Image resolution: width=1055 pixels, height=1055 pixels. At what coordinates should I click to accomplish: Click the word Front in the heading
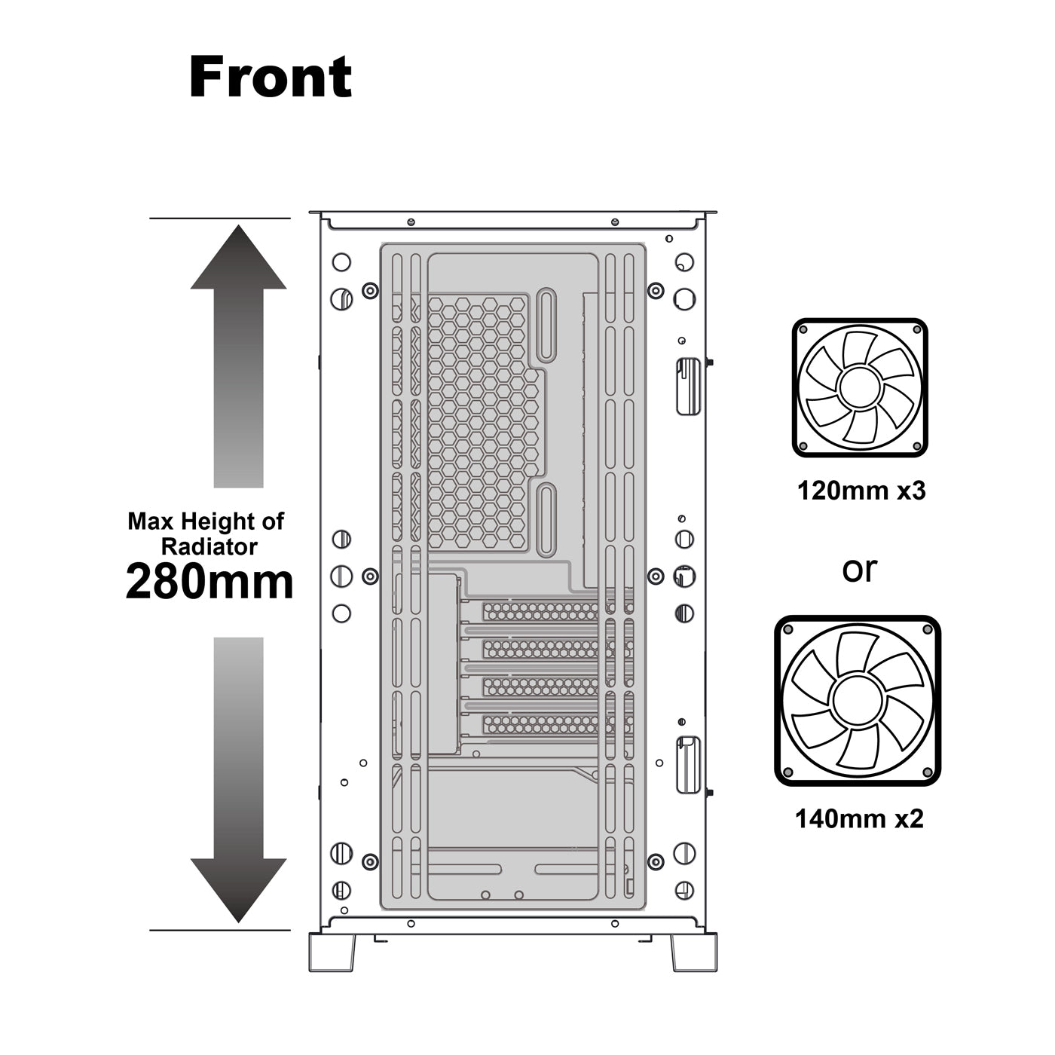(x=271, y=77)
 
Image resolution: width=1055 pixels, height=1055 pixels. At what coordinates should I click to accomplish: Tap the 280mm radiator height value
(x=209, y=582)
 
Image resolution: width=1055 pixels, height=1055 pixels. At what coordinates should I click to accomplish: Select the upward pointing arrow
(x=238, y=356)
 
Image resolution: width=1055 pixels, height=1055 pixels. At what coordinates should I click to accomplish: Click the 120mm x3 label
(x=861, y=491)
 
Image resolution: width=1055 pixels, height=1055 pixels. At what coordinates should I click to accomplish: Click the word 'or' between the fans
(x=860, y=570)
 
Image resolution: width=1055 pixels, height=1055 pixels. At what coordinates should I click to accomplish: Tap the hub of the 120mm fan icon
(x=859, y=387)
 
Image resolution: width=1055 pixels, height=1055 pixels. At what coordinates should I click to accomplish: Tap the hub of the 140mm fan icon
(x=857, y=701)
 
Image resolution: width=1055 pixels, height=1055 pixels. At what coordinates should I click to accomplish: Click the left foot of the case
(x=332, y=953)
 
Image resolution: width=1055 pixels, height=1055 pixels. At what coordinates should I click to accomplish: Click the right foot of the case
(x=693, y=953)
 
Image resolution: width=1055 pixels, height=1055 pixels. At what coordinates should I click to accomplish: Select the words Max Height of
(x=206, y=521)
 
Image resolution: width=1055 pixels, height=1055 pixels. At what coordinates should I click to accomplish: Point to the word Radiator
(x=209, y=547)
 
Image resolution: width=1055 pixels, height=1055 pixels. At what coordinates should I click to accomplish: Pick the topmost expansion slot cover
(x=540, y=611)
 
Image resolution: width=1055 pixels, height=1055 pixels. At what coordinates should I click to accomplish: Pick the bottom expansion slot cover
(x=540, y=725)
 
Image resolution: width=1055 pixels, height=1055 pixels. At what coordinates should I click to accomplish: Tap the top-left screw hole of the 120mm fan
(x=803, y=330)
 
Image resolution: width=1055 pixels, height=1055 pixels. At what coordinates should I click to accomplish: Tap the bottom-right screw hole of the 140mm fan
(x=927, y=772)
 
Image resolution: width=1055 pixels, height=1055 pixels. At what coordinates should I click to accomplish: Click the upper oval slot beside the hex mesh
(x=546, y=326)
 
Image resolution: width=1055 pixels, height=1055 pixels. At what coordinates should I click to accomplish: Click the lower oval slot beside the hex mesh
(x=546, y=520)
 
